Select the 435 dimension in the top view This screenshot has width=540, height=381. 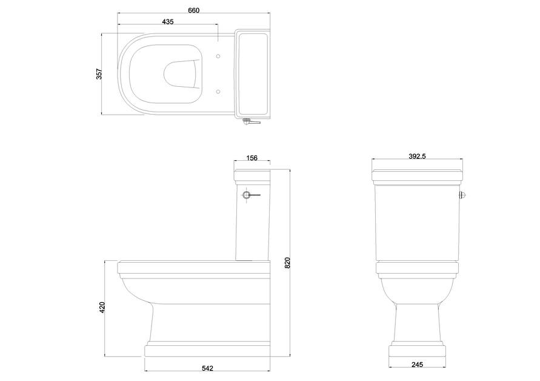click(x=168, y=22)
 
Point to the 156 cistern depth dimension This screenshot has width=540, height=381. click(x=252, y=158)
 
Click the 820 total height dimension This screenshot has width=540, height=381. click(x=288, y=263)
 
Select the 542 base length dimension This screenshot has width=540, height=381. click(x=207, y=368)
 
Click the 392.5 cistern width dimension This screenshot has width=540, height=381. click(x=417, y=157)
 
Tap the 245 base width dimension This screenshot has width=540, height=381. click(x=417, y=365)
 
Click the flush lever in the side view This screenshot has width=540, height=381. click(x=250, y=195)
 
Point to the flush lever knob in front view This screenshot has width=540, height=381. click(x=462, y=195)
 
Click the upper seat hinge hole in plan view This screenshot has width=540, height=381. click(x=218, y=56)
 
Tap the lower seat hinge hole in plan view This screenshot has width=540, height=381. click(x=218, y=92)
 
